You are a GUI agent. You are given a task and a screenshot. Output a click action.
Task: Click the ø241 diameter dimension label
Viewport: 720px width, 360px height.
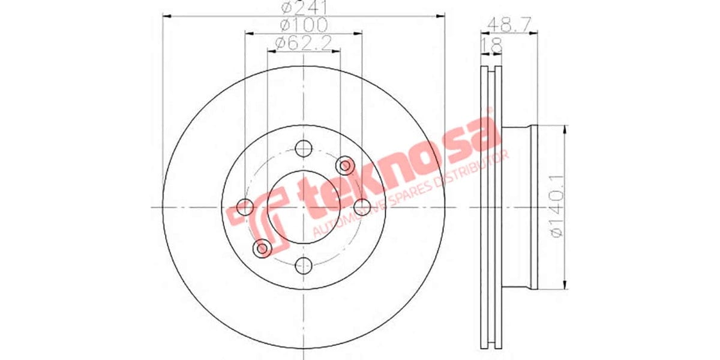coord(303,8)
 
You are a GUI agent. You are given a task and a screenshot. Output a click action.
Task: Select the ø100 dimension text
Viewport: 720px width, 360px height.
coord(303,25)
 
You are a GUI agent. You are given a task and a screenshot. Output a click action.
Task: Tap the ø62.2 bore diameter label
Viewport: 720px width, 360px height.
coord(303,43)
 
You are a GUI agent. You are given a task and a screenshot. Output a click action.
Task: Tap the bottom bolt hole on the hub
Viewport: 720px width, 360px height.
coord(304,265)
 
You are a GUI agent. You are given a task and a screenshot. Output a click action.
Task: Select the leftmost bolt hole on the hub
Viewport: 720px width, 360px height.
coord(245,207)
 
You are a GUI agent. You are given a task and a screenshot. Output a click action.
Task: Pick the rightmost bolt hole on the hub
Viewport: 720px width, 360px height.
coord(362,207)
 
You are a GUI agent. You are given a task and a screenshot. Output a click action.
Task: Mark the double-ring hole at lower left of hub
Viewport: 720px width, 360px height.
coord(263,247)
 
